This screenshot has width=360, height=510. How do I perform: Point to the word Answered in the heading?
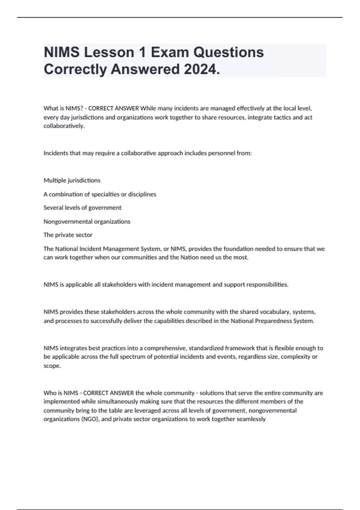pyautogui.click(x=145, y=69)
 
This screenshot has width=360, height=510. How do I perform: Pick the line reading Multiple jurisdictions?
pyautogui.click(x=72, y=180)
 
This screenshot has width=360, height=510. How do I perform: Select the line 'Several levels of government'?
pyautogui.click(x=82, y=208)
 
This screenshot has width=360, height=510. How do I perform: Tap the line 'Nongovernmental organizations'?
pyautogui.click(x=87, y=221)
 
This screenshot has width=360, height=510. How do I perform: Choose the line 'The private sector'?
pyautogui.click(x=68, y=235)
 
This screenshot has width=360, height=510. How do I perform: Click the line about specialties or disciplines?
pyautogui.click(x=100, y=194)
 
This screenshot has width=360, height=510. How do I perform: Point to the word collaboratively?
pyautogui.click(x=64, y=126)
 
